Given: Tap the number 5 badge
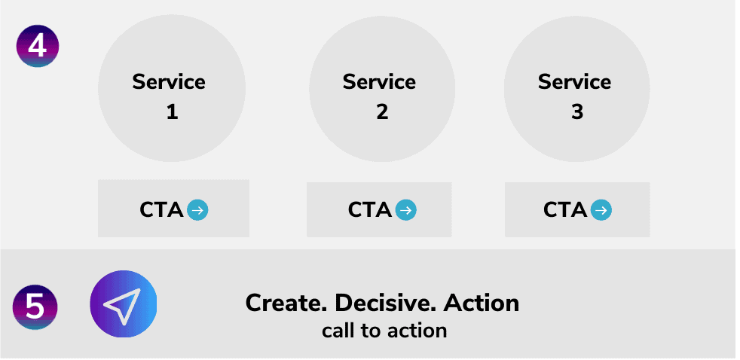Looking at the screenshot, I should (35, 307).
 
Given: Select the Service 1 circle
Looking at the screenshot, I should (172, 89).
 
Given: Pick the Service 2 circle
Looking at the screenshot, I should (382, 89).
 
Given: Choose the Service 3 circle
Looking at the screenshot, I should (577, 89).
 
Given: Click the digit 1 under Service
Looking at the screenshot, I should (172, 112).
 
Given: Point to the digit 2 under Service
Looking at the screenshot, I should (382, 112).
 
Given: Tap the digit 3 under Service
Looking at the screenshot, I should (577, 112).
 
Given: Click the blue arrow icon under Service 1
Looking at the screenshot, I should (197, 210).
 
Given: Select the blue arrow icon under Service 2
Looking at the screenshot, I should (406, 210).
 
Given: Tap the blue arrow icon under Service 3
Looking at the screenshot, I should (601, 210).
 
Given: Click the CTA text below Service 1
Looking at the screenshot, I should (161, 210).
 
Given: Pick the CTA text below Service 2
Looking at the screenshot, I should (370, 210).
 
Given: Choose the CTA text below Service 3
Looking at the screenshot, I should (565, 210).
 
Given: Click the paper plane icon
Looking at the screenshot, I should (123, 304).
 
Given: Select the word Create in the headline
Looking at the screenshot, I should (286, 303).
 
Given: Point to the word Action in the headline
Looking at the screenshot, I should (481, 303).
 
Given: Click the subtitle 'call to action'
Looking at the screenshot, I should (384, 330).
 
